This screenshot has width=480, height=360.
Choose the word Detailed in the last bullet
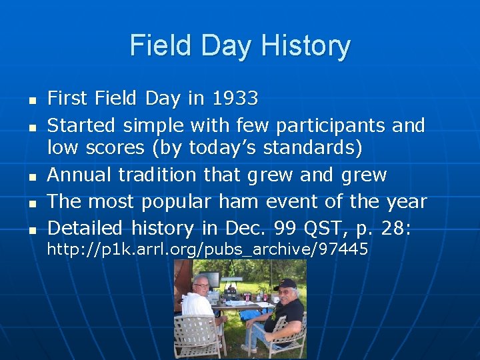click(x=85, y=228)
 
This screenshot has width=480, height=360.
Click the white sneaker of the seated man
click(x=248, y=348)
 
